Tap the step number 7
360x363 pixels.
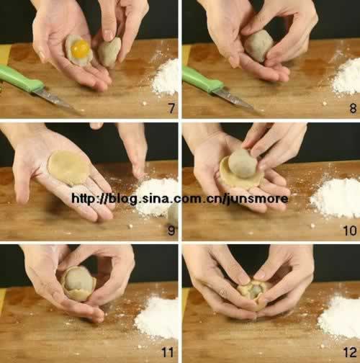pyautogui.click(x=171, y=108)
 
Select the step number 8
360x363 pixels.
pyautogui.click(x=353, y=108)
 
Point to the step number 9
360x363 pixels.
pyautogui.click(x=171, y=230)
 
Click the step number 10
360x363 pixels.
pyautogui.click(x=350, y=230)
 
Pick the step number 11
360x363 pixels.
pyautogui.click(x=168, y=352)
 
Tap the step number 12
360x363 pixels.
pyautogui.click(x=350, y=352)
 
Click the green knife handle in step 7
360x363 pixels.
pyautogui.click(x=20, y=79)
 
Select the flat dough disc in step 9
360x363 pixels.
pyautogui.click(x=69, y=168)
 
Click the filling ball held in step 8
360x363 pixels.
pyautogui.click(x=258, y=45)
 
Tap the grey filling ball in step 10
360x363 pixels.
pyautogui.click(x=243, y=163)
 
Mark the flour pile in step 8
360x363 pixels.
pyautogui.click(x=347, y=77)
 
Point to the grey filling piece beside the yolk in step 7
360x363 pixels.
pyautogui.click(x=109, y=52)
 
